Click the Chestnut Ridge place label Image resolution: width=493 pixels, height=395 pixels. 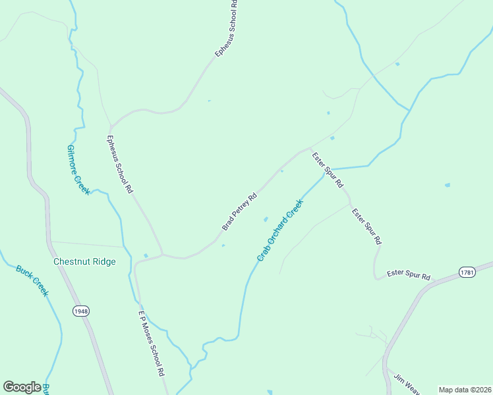pyautogui.click(x=84, y=261)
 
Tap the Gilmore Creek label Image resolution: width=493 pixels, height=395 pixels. pyautogui.click(x=78, y=170)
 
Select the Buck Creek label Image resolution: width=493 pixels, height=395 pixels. pyautogui.click(x=32, y=280)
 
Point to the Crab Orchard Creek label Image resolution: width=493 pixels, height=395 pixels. pyautogui.click(x=279, y=230)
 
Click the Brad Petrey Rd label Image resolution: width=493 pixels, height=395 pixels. pyautogui.click(x=239, y=211)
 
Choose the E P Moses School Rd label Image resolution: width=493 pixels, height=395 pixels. pyautogui.click(x=151, y=343)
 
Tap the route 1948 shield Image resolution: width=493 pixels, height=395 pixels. pyautogui.click(x=82, y=311)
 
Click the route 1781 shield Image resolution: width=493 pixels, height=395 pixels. pyautogui.click(x=467, y=272)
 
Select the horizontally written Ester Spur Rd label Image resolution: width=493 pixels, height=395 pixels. pyautogui.click(x=408, y=273)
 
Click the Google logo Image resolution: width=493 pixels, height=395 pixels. pyautogui.click(x=22, y=386)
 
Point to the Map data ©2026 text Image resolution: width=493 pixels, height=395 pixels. pyautogui.click(x=465, y=390)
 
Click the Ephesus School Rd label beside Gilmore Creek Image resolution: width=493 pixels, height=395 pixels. pyautogui.click(x=121, y=165)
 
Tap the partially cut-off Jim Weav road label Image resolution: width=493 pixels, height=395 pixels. pyautogui.click(x=407, y=384)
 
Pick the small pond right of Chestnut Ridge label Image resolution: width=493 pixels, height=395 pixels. pyautogui.click(x=146, y=255)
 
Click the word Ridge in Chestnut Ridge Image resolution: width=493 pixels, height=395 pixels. pyautogui.click(x=103, y=261)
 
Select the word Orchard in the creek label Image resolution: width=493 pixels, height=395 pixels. pyautogui.click(x=279, y=230)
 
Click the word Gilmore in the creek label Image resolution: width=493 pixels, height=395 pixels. pyautogui.click(x=73, y=160)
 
